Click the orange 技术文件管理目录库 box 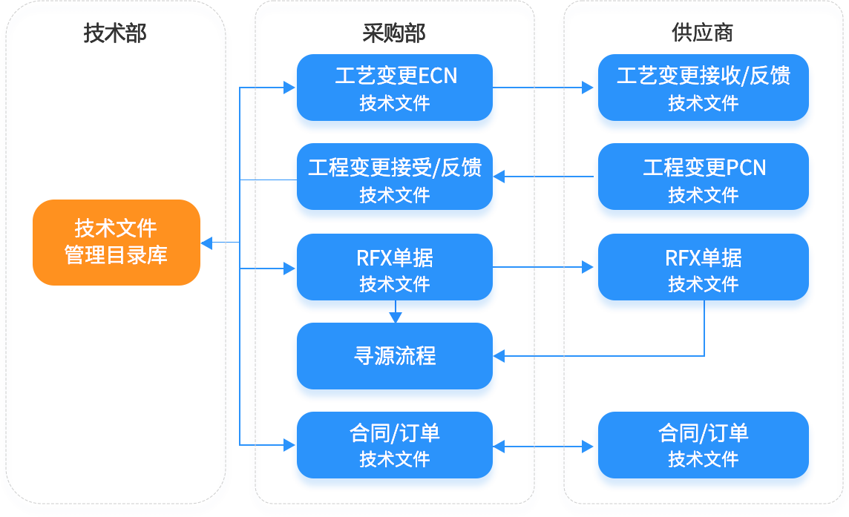[x=117, y=243]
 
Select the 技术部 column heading [x=115, y=33]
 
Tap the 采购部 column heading [x=394, y=33]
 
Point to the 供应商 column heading [x=703, y=33]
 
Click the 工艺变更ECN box [x=395, y=88]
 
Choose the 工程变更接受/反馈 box [x=395, y=180]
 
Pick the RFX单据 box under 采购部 [x=395, y=270]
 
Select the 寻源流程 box [x=395, y=356]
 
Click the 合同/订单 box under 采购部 [x=395, y=445]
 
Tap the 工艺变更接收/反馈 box [x=703, y=88]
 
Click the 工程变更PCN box [x=703, y=180]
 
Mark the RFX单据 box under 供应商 [x=703, y=270]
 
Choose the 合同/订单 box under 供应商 [x=703, y=445]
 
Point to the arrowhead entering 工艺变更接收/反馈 [x=587, y=88]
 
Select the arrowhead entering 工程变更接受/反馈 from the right [x=499, y=177]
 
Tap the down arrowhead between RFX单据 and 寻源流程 [x=395, y=317]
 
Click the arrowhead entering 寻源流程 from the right [x=499, y=356]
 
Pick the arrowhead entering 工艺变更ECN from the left [x=290, y=88]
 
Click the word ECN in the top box [x=438, y=76]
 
